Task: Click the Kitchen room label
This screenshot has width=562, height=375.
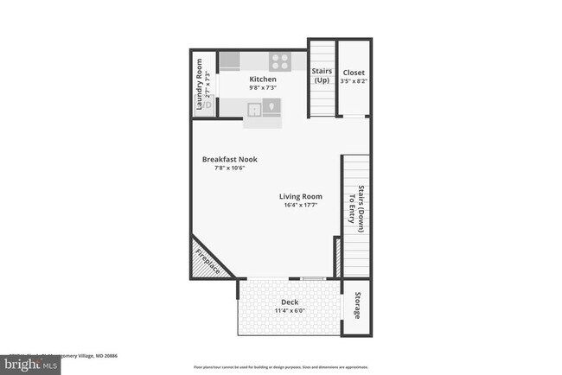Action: tap(263, 79)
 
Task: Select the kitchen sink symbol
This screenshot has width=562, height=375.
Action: tap(256, 108)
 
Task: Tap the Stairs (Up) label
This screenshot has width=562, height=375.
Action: tap(322, 76)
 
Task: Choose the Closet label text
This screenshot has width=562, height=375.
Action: tap(354, 73)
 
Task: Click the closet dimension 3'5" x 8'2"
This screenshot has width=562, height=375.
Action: tap(354, 82)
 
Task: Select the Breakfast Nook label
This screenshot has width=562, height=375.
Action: tap(230, 159)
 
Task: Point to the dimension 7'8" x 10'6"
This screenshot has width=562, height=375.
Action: tap(230, 168)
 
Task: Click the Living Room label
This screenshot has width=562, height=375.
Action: tap(300, 196)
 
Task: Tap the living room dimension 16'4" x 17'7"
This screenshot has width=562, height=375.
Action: tap(300, 206)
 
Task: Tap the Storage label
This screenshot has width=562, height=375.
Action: tap(357, 303)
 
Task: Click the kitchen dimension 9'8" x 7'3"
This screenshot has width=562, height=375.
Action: tap(263, 88)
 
